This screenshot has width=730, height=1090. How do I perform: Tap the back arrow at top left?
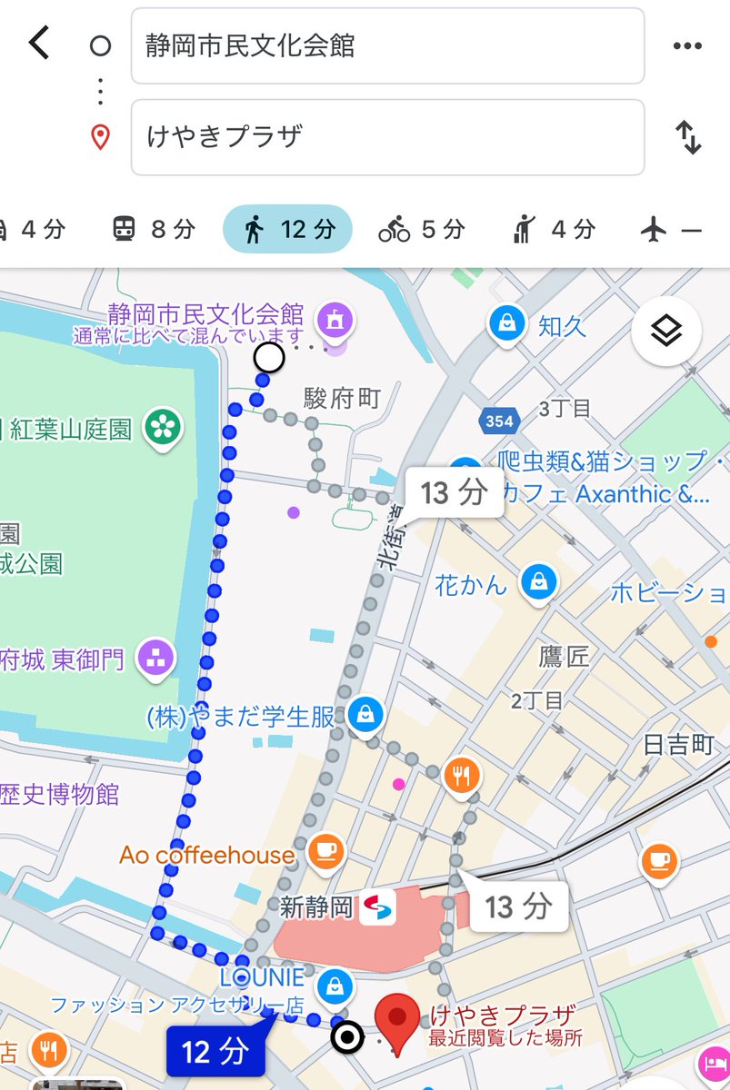tap(38, 44)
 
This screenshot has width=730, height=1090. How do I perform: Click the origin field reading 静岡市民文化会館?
tap(387, 45)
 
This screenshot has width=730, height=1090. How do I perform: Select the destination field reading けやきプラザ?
tap(387, 137)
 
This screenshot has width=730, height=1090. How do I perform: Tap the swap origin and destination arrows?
tap(688, 137)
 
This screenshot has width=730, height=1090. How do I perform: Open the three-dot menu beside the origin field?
tap(687, 46)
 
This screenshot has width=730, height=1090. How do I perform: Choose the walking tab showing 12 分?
tap(287, 229)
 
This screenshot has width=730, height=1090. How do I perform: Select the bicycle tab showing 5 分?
tap(421, 229)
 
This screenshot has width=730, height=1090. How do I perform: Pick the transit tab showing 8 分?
tap(153, 229)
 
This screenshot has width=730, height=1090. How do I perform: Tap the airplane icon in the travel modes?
tap(653, 230)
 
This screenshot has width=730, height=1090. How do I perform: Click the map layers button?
tap(666, 332)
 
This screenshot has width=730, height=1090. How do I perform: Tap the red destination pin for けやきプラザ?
tap(396, 1019)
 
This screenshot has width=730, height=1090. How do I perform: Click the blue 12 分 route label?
tap(215, 1052)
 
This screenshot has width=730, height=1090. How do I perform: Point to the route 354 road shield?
tap(499, 421)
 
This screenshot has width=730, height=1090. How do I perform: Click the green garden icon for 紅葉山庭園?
tap(164, 428)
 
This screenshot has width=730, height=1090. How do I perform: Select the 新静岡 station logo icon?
tap(376, 907)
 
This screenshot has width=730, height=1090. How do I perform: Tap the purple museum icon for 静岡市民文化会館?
tap(335, 320)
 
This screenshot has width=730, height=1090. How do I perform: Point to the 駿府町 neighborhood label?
tap(342, 397)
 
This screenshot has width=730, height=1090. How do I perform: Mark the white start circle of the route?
tap(269, 358)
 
